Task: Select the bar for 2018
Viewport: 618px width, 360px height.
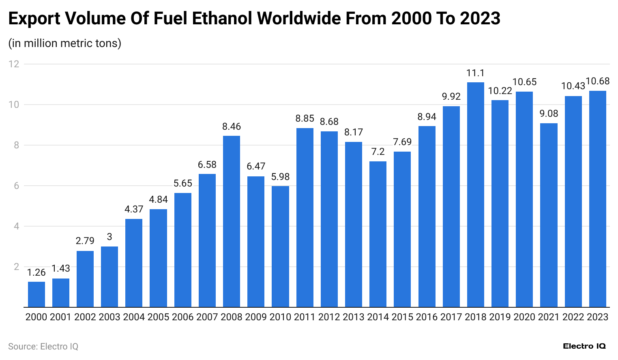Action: (x=475, y=195)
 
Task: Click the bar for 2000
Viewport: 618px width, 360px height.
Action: (x=36, y=294)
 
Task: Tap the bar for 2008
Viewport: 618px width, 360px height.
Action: (x=232, y=221)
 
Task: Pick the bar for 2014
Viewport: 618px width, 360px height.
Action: (x=378, y=234)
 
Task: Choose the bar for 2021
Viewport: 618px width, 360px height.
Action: (x=549, y=215)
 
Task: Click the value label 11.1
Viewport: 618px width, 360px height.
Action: (x=475, y=73)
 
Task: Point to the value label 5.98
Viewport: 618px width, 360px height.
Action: (x=280, y=177)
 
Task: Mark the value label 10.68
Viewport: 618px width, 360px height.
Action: (x=597, y=81)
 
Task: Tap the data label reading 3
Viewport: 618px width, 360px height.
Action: (x=109, y=237)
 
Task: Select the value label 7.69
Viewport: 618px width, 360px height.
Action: (x=402, y=142)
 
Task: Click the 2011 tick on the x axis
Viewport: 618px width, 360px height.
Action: (x=305, y=317)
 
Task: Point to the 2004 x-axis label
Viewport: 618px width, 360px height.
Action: (x=134, y=317)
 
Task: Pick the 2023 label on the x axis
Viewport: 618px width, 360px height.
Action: (x=597, y=317)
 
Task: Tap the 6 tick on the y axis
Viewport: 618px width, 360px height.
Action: (x=16, y=186)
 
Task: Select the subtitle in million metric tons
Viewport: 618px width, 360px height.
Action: (x=65, y=43)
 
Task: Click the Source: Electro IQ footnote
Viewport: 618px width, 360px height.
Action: (x=43, y=347)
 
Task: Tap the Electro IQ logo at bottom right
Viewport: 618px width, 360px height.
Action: (x=584, y=346)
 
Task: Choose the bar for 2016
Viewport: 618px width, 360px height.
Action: (x=427, y=216)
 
